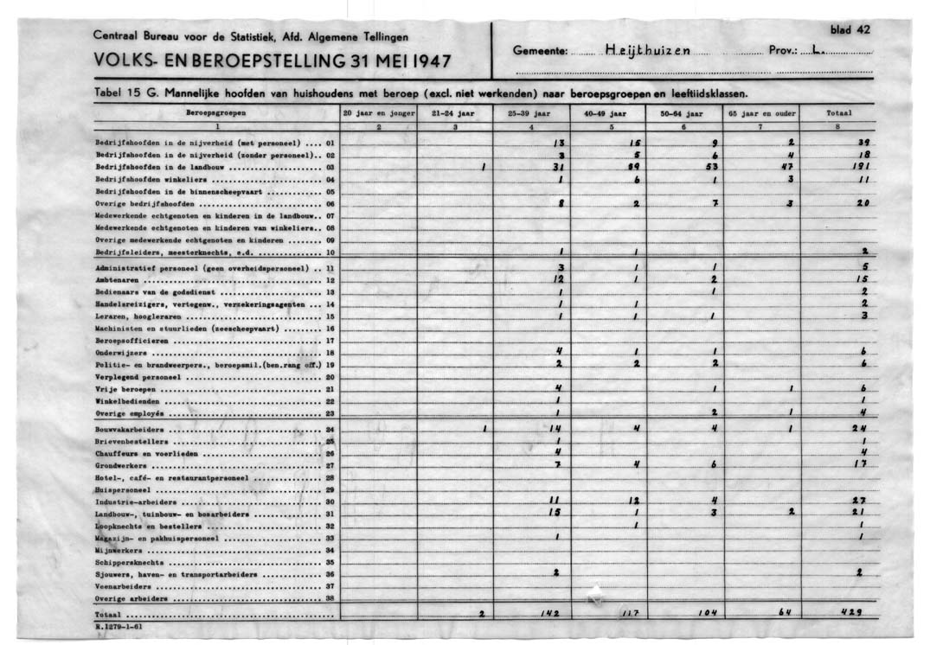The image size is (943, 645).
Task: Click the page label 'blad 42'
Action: [850, 29]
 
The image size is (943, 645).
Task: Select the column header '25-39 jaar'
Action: [531, 112]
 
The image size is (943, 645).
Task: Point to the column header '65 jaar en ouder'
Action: [760, 112]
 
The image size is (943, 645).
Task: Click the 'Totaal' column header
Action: [839, 112]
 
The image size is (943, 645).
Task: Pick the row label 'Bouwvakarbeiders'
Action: [130, 429]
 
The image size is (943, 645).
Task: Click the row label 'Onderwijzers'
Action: [121, 353]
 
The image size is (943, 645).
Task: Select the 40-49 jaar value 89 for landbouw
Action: [634, 166]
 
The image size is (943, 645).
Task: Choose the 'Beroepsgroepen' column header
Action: [215, 112]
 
